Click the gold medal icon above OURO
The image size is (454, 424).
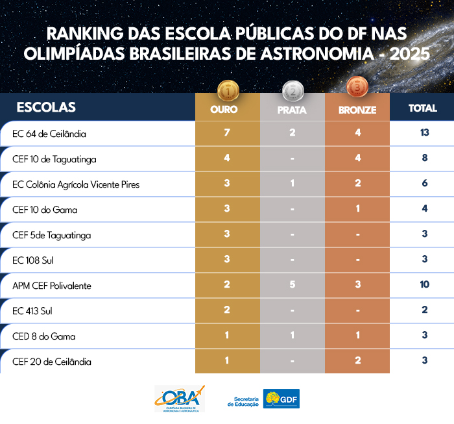click(228, 88)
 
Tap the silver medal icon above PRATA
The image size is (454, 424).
click(292, 88)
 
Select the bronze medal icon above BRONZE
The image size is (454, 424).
click(357, 86)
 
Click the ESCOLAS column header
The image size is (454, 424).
click(46, 107)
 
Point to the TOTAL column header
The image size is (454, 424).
click(423, 108)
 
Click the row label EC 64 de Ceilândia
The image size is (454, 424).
click(49, 134)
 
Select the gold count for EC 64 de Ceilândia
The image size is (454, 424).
click(227, 133)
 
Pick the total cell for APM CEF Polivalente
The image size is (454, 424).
click(424, 285)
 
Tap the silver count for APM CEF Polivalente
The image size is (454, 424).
click(292, 285)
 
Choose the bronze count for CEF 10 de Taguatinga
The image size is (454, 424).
click(357, 158)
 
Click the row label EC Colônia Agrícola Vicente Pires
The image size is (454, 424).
click(76, 184)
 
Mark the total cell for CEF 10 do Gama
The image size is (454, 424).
click(424, 209)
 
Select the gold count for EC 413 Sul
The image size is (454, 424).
click(227, 310)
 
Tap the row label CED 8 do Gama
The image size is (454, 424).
click(44, 336)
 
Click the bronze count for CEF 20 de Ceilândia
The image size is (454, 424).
click(357, 361)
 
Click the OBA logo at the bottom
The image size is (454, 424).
click(180, 398)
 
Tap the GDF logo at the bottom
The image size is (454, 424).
click(281, 398)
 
